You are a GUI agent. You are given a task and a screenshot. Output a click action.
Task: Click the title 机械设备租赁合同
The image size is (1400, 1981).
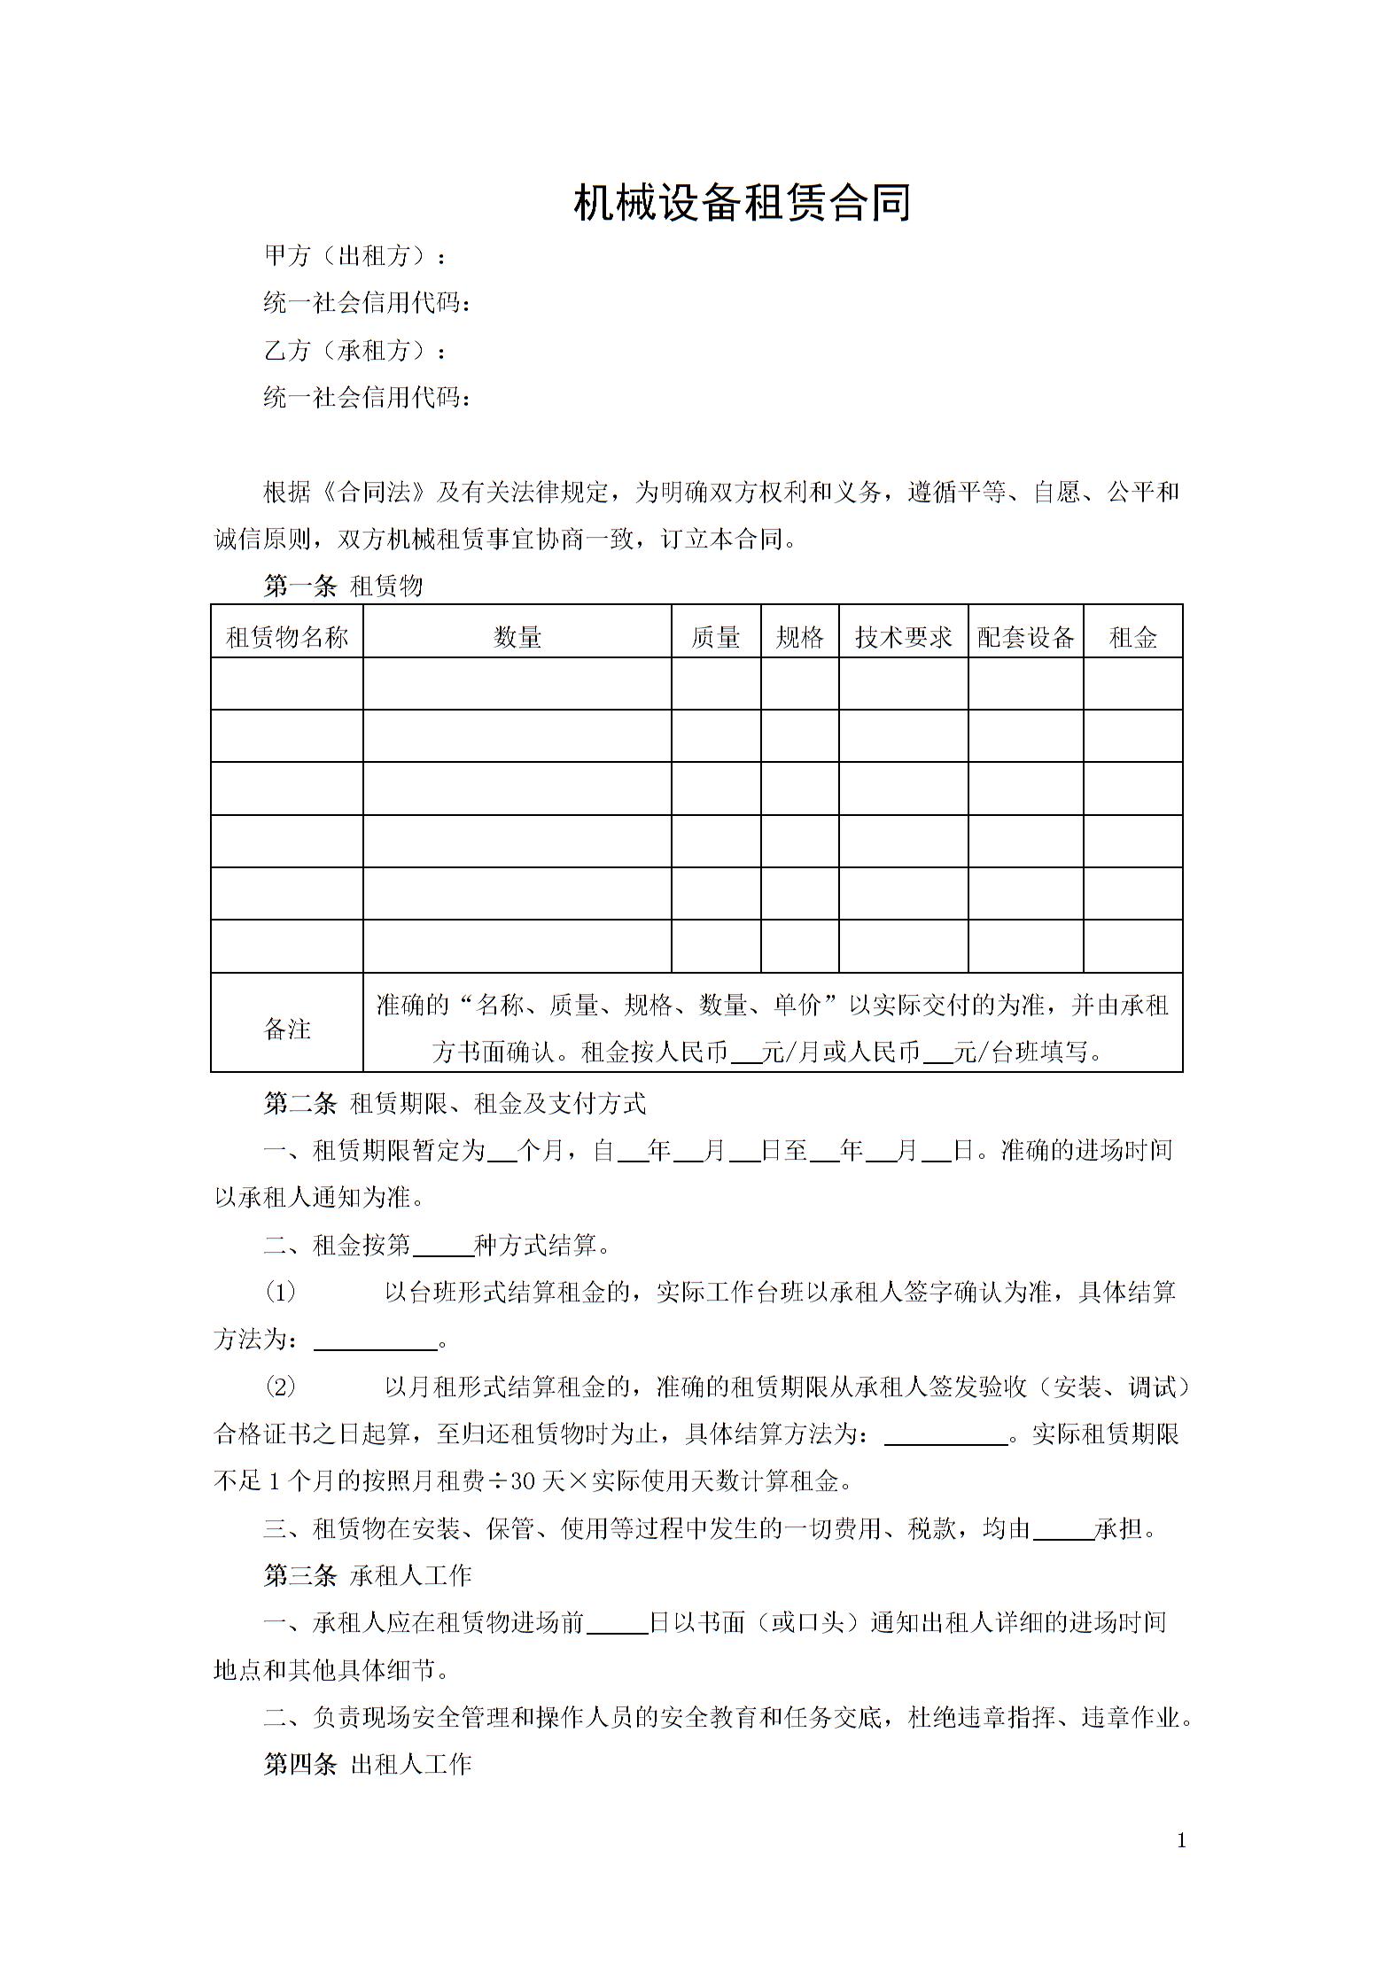point(743,203)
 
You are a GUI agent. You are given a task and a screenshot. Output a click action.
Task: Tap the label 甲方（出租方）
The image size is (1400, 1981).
point(354,256)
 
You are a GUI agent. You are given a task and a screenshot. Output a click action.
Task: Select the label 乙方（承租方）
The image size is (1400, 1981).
point(354,351)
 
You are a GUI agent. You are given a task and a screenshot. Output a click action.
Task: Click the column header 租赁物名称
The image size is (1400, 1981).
point(287,637)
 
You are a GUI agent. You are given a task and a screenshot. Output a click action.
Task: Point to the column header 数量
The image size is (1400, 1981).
point(517,637)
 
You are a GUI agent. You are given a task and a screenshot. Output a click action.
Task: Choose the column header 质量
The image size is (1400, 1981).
point(716,637)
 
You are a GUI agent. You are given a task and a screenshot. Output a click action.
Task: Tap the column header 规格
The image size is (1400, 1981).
point(800,637)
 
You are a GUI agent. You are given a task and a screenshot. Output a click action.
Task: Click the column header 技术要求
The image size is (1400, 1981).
point(904,637)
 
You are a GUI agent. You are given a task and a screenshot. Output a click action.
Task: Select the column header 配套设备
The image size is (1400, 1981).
point(1026,637)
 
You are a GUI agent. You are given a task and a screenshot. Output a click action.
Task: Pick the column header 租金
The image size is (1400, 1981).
point(1133,637)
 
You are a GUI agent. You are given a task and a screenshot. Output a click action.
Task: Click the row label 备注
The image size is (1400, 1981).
point(287,1029)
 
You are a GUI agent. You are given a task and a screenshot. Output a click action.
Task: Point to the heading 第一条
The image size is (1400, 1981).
point(300,586)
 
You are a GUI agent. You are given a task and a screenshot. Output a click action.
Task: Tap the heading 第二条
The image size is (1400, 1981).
point(300,1103)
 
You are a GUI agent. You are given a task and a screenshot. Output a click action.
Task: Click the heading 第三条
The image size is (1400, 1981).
point(300,1575)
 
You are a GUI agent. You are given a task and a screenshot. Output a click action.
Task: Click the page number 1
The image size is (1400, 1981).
point(1181,1841)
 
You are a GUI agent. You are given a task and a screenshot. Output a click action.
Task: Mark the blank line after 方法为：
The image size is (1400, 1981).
point(377,1340)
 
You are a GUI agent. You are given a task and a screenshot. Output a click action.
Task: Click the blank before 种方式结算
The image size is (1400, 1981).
point(444,1247)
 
